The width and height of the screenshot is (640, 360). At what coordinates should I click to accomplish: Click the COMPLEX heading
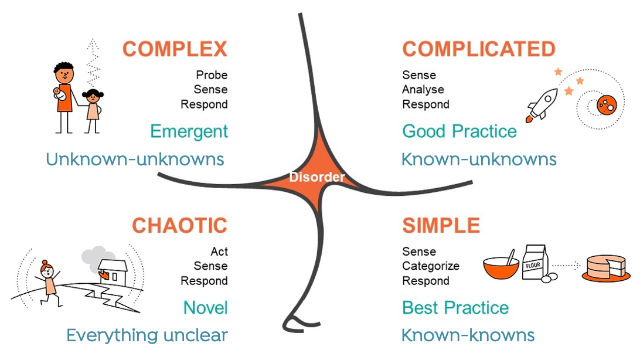[x=175, y=49]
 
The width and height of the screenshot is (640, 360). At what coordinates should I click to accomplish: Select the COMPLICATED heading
[x=479, y=49]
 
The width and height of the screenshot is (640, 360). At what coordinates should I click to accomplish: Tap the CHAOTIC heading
[x=179, y=225]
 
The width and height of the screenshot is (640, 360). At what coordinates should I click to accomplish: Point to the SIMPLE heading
[x=441, y=225]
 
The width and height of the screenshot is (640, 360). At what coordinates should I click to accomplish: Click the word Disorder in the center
[x=317, y=176]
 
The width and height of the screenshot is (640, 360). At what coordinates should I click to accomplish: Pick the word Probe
[x=212, y=75]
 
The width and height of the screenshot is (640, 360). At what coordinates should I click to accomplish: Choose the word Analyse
[x=423, y=90]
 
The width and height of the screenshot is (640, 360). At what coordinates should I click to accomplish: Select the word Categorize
[x=431, y=266]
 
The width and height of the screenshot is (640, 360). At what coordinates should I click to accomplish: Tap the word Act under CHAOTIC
[x=219, y=252]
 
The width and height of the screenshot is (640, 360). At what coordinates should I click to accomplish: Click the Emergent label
[x=189, y=132]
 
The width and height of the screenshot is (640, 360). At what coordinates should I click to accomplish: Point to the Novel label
[x=205, y=308]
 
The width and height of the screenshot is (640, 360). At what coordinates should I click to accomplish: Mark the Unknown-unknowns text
[x=135, y=159]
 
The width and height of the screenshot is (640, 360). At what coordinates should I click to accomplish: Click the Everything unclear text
[x=147, y=335]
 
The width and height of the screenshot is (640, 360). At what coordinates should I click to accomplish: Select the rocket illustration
[x=542, y=105]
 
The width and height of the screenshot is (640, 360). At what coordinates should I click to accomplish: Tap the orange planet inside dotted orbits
[x=607, y=105]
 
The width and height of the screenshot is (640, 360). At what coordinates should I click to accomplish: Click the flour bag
[x=535, y=263]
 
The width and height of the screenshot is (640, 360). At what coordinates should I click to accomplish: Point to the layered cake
[x=606, y=268]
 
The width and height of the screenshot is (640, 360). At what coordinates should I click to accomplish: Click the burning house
[x=113, y=272]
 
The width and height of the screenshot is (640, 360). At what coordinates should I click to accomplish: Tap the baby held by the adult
[x=60, y=94]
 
